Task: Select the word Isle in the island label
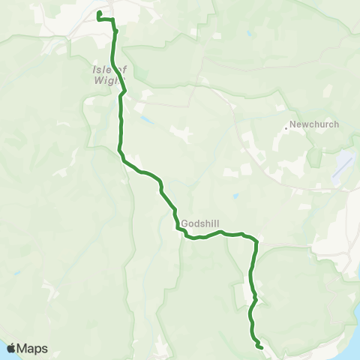pyautogui.click(x=102, y=70)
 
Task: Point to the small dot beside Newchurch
pyautogui.click(x=286, y=127)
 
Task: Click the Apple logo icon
pyautogui.click(x=11, y=348)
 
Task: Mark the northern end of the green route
pyautogui.click(x=99, y=13)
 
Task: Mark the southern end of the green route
pyautogui.click(x=260, y=347)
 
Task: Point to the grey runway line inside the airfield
pyautogui.click(x=341, y=170)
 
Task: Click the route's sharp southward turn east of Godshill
pyautogui.click(x=256, y=241)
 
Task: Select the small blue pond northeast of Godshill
pyautogui.click(x=235, y=197)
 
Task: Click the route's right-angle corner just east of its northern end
pyautogui.click(x=114, y=20)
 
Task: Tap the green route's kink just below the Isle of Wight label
pyautogui.click(x=124, y=91)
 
